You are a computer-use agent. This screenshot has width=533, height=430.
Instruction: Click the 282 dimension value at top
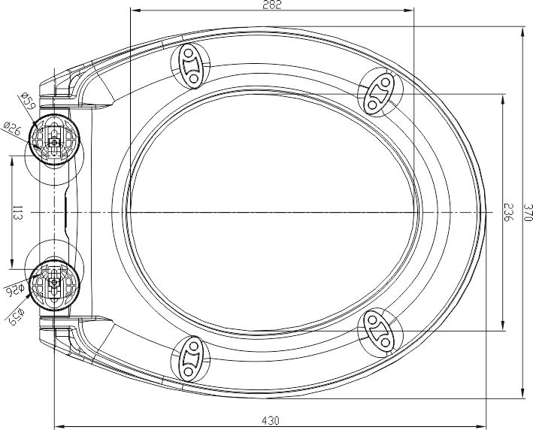point(272,5)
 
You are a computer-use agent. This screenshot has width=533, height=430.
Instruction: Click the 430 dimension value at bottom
point(271,421)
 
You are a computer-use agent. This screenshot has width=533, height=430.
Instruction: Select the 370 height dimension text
point(527,213)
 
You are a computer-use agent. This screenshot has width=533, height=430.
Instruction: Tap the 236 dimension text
point(508,213)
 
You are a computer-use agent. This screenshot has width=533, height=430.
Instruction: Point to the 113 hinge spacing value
point(17,213)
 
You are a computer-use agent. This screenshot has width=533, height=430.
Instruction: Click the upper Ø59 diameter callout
point(28,101)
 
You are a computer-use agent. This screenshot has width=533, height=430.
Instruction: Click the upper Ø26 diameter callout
point(13,129)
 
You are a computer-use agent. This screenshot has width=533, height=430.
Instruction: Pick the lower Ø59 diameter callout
point(17,316)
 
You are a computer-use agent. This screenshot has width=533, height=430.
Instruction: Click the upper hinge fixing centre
point(54,142)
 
